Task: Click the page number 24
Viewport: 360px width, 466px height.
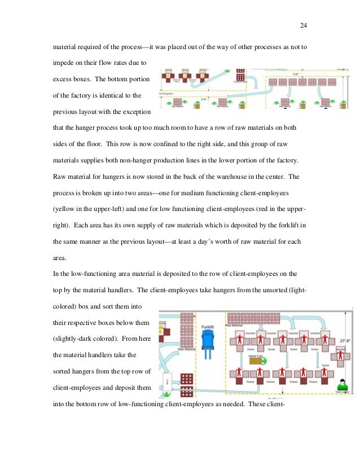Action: tap(304, 25)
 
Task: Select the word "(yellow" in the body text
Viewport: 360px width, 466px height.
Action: tap(65, 209)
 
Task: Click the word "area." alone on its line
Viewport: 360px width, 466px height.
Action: tap(60, 257)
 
